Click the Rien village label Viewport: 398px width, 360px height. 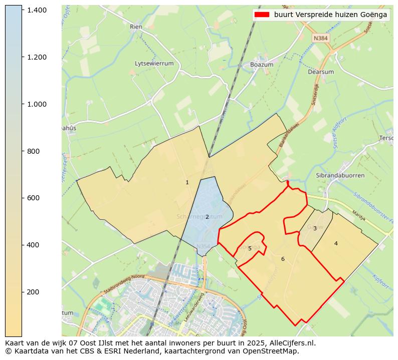[x=136, y=27]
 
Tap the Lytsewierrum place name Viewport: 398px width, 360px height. [x=154, y=64]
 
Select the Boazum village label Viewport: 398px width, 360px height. [x=261, y=65]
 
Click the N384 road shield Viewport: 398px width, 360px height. [x=320, y=38]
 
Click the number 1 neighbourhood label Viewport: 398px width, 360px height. [x=187, y=183]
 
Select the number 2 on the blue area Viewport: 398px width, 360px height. [x=207, y=217]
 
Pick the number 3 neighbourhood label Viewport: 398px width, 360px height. [x=315, y=228]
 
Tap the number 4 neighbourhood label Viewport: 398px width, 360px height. [x=336, y=243]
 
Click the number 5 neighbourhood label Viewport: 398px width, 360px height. [x=250, y=248]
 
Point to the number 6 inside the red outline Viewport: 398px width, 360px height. [x=283, y=259]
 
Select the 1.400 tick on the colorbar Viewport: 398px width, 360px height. [x=37, y=10]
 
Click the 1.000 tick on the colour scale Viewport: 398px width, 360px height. [x=37, y=104]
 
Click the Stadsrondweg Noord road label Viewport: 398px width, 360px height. [x=124, y=283]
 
